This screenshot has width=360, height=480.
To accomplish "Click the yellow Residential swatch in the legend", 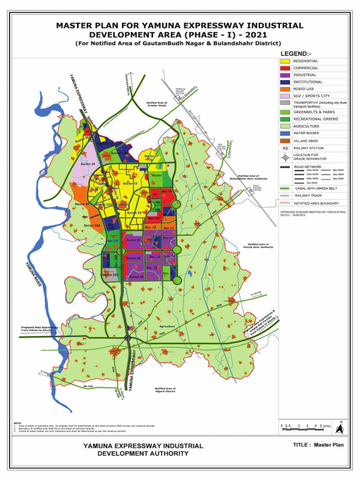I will [285, 61].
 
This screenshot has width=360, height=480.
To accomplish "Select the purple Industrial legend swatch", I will [285, 75].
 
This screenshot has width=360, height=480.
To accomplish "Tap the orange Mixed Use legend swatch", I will [285, 89].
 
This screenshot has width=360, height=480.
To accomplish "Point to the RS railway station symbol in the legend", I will [285, 148].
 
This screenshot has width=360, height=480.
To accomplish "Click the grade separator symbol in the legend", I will [285, 157].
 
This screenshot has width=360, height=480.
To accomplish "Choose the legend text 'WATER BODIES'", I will [306, 133].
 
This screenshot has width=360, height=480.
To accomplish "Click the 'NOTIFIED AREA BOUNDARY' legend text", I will [316, 203].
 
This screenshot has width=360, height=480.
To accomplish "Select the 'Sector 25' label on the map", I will [88, 164].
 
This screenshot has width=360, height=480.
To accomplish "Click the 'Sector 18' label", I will [130, 184].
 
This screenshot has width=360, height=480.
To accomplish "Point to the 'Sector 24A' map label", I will [92, 225].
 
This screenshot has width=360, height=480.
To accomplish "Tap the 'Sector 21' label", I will [134, 240].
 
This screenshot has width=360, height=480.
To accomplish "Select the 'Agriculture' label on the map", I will [167, 326].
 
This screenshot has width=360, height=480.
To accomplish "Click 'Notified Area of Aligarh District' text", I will [165, 390].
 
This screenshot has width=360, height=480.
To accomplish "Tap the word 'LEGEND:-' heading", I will [296, 53].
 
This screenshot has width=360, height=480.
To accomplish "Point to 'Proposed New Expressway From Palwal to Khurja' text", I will [39, 329].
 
